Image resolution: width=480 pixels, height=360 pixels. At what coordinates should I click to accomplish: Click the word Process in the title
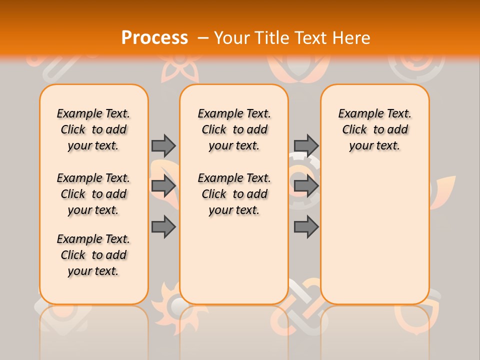coord(154,37)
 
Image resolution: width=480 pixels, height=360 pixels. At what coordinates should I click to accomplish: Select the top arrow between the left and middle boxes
coord(163,145)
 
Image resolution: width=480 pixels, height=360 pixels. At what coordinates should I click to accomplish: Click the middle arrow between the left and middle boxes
coord(163,186)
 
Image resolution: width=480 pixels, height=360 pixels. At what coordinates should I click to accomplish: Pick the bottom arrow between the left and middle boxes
coord(163,227)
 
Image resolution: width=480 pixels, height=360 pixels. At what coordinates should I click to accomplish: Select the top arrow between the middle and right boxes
coord(306,145)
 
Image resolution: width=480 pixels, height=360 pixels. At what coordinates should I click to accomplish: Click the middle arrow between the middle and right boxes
coord(306,186)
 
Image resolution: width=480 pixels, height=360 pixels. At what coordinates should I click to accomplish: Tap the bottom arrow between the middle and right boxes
coord(306,227)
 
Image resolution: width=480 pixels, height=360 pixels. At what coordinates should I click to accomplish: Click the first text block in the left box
coord(93,129)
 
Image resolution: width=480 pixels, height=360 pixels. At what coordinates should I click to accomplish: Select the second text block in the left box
coord(93,194)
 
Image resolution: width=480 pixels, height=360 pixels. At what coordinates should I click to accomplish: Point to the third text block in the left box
coord(93,255)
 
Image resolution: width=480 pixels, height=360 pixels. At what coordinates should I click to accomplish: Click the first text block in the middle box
coord(234,129)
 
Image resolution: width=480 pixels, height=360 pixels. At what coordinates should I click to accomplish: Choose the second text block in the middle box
coord(234,194)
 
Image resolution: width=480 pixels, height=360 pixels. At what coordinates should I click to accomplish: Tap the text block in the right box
coord(374,129)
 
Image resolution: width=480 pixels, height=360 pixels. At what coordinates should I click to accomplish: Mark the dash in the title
coord(203,37)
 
